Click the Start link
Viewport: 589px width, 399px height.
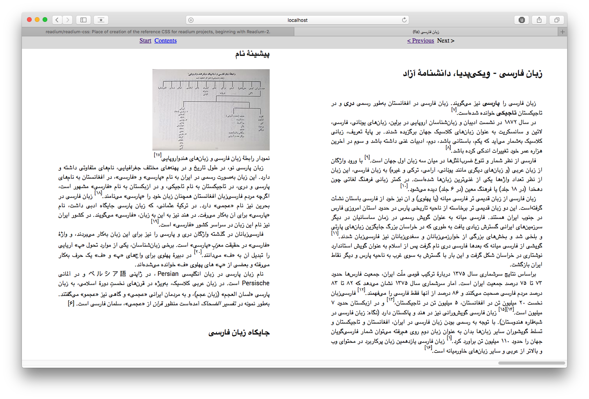click(x=145, y=41)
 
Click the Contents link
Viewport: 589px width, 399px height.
click(x=165, y=41)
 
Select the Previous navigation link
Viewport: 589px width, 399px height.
click(x=421, y=41)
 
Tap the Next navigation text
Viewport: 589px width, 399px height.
click(x=446, y=41)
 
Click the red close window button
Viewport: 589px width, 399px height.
click(x=29, y=20)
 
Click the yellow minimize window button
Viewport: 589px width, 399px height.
click(x=37, y=20)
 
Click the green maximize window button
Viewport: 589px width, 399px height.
click(x=45, y=20)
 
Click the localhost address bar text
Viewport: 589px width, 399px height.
click(x=297, y=20)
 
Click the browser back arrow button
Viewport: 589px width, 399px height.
click(x=57, y=20)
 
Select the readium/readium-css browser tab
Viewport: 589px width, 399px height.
click(x=158, y=32)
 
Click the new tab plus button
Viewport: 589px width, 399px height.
click(x=562, y=32)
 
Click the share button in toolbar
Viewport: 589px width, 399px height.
click(x=539, y=20)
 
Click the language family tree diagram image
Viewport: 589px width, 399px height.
click(x=211, y=110)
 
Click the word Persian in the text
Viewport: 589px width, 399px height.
click(x=168, y=274)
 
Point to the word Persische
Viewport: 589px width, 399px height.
click(x=256, y=283)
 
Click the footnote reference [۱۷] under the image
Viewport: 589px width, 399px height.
click(x=158, y=155)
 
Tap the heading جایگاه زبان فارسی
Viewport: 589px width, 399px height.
click(x=239, y=333)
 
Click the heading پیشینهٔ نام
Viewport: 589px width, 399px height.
click(x=252, y=54)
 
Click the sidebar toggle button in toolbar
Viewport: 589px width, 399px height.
click(x=83, y=20)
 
